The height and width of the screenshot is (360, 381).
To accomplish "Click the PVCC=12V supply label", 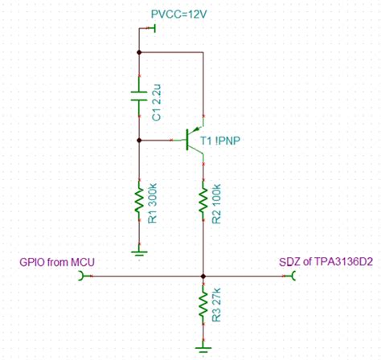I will tap(180, 15).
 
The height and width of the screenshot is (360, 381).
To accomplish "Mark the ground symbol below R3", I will tap(203, 348).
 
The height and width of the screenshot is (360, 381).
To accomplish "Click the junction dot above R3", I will tap(203, 276).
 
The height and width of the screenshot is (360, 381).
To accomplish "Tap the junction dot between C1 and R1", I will tap(140, 140).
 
